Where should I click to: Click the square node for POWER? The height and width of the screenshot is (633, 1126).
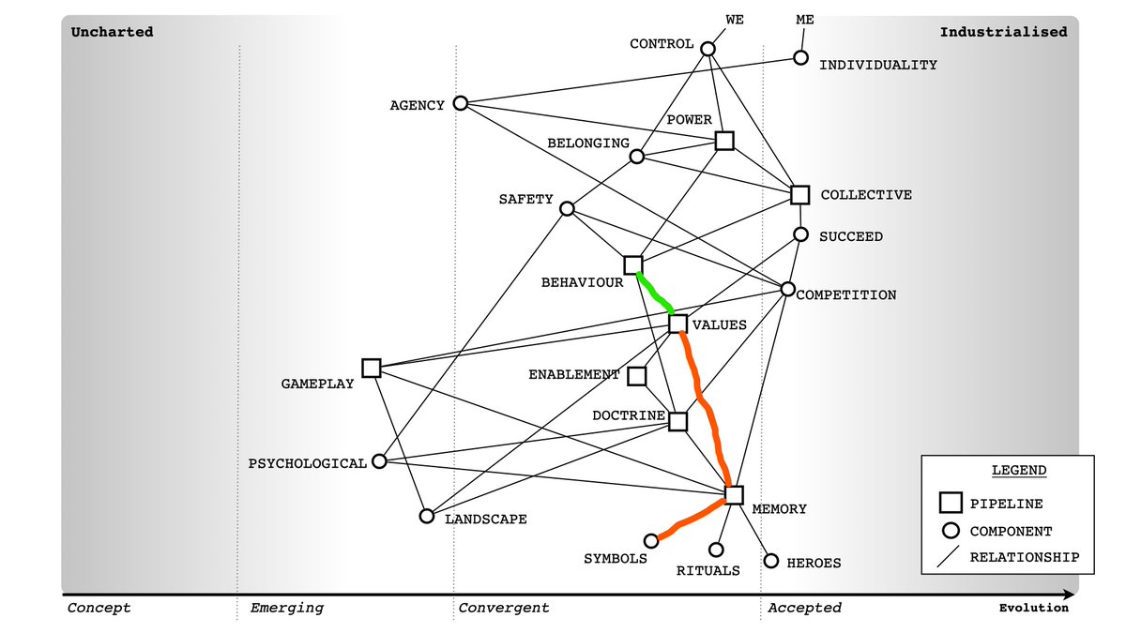click(724, 141)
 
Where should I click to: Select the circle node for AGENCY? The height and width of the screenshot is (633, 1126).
click(460, 103)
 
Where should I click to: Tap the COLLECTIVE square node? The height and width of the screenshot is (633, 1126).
click(799, 195)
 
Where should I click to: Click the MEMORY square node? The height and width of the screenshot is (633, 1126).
click(734, 495)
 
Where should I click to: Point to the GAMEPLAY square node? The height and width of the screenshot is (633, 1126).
click(371, 368)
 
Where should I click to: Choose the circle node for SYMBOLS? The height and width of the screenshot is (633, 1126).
click(651, 540)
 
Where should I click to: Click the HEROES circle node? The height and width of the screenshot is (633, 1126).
click(771, 561)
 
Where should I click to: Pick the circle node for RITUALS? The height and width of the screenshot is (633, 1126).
click(716, 550)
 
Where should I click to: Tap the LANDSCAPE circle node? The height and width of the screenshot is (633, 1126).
click(427, 516)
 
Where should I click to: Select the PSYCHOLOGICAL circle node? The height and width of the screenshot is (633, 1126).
click(379, 461)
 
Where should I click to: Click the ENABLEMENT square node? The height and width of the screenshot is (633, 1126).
click(636, 376)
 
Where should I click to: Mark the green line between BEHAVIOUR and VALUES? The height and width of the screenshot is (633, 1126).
click(654, 292)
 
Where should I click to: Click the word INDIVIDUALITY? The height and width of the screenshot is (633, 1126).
click(878, 66)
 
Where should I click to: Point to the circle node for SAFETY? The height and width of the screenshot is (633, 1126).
click(567, 208)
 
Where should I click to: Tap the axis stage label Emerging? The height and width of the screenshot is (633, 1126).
click(286, 608)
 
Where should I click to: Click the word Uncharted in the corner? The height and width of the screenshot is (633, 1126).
click(112, 32)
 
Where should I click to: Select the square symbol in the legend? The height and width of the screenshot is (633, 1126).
click(950, 504)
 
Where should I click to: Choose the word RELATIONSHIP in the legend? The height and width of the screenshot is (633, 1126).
click(1025, 557)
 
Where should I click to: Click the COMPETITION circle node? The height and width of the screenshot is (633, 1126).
click(788, 289)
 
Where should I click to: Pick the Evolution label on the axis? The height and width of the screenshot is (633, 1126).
click(1033, 608)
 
